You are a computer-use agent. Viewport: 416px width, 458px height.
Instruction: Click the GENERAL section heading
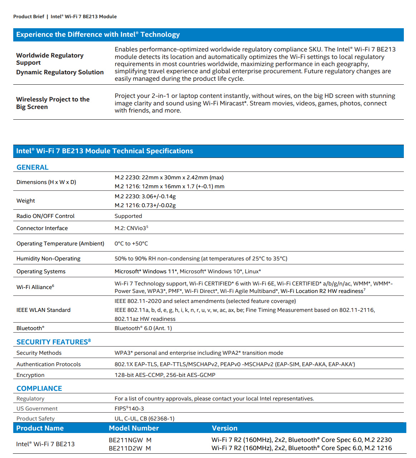click(33, 168)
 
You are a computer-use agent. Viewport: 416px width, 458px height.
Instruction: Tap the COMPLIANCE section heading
click(39, 389)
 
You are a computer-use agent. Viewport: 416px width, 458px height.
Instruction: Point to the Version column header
click(225, 428)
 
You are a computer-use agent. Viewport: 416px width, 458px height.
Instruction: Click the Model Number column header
click(134, 428)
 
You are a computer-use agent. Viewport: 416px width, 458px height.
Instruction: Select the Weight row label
click(26, 201)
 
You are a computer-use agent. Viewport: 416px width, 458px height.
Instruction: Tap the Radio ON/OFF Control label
click(45, 216)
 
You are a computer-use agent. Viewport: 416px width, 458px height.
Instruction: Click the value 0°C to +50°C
click(131, 244)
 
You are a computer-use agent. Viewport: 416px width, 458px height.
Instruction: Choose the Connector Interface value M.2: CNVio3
click(131, 228)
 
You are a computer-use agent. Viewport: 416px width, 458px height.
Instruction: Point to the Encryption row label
click(30, 375)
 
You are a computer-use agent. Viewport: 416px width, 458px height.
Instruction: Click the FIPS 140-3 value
click(129, 409)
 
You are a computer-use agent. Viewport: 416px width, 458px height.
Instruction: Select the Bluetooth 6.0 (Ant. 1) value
click(143, 328)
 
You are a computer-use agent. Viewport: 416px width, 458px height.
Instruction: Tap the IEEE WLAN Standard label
click(43, 310)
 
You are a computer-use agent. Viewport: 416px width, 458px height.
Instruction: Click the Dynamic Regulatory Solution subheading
click(60, 72)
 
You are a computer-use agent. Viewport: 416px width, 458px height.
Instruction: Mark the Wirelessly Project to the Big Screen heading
click(53, 103)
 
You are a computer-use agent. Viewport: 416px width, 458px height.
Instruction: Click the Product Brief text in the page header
click(29, 17)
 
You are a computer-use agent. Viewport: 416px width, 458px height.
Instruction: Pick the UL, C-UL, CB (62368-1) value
click(145, 419)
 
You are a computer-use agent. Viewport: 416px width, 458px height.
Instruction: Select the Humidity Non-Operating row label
click(48, 259)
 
